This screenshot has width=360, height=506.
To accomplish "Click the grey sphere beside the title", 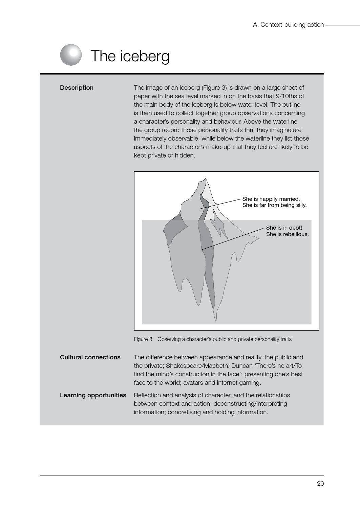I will pos(71,55).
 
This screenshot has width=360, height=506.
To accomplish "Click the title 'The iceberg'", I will pos(130,56).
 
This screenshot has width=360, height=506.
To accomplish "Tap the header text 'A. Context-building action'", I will pos(288,25).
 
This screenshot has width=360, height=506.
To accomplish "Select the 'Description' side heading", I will pos(77,88).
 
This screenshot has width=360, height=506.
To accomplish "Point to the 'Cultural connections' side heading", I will pos(90,357).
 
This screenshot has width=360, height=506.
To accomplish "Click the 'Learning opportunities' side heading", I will pos(93,395).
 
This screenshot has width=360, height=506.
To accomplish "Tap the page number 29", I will pos(320,484).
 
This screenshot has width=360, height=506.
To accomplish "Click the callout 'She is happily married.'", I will pos(271,199).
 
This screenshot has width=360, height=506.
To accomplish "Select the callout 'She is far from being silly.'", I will pos(274,205).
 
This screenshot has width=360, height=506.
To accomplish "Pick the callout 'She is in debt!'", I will pos(284,228).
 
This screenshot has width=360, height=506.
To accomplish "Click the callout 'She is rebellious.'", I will pos(287,234).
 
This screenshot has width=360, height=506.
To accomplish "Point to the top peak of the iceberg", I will pos(205,179).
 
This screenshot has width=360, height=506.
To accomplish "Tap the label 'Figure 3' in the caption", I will pos(143,339).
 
